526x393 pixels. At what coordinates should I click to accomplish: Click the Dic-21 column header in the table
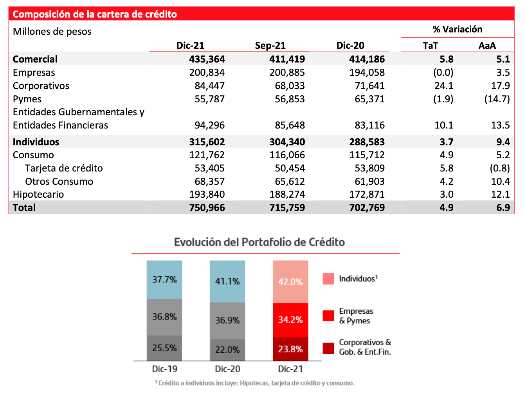pyautogui.click(x=190, y=45)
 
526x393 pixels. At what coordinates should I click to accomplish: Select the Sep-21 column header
pyautogui.click(x=270, y=45)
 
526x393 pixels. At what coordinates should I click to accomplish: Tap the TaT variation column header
pyautogui.click(x=431, y=46)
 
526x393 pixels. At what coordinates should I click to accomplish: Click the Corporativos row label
pyautogui.click(x=41, y=86)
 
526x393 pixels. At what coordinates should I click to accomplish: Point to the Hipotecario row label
pyautogui.click(x=38, y=195)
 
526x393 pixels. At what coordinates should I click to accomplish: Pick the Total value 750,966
pyautogui.click(x=207, y=207)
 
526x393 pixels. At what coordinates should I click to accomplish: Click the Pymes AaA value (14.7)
pyautogui.click(x=497, y=99)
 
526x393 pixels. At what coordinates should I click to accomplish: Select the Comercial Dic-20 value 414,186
pyautogui.click(x=367, y=59)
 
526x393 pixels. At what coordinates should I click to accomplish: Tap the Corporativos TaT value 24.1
pyautogui.click(x=444, y=86)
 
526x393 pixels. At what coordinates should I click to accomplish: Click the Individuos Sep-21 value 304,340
pyautogui.click(x=287, y=142)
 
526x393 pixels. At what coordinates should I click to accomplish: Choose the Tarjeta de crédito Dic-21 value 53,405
pyautogui.click(x=209, y=168)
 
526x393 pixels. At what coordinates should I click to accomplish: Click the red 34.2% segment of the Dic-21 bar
pyautogui.click(x=290, y=320)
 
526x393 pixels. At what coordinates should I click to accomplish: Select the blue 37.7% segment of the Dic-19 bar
pyautogui.click(x=164, y=280)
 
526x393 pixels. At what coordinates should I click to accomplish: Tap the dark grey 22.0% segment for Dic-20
pyautogui.click(x=227, y=350)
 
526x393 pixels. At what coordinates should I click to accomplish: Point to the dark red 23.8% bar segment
pyautogui.click(x=290, y=349)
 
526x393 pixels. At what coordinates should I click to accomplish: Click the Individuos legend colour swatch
pyautogui.click(x=328, y=279)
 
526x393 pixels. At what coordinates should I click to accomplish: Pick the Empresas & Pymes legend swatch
pyautogui.click(x=328, y=316)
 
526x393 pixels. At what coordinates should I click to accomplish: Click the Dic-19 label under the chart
pyautogui.click(x=165, y=369)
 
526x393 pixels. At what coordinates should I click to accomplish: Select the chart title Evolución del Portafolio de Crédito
pyautogui.click(x=259, y=242)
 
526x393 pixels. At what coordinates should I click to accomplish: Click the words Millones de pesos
pyautogui.click(x=52, y=32)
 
